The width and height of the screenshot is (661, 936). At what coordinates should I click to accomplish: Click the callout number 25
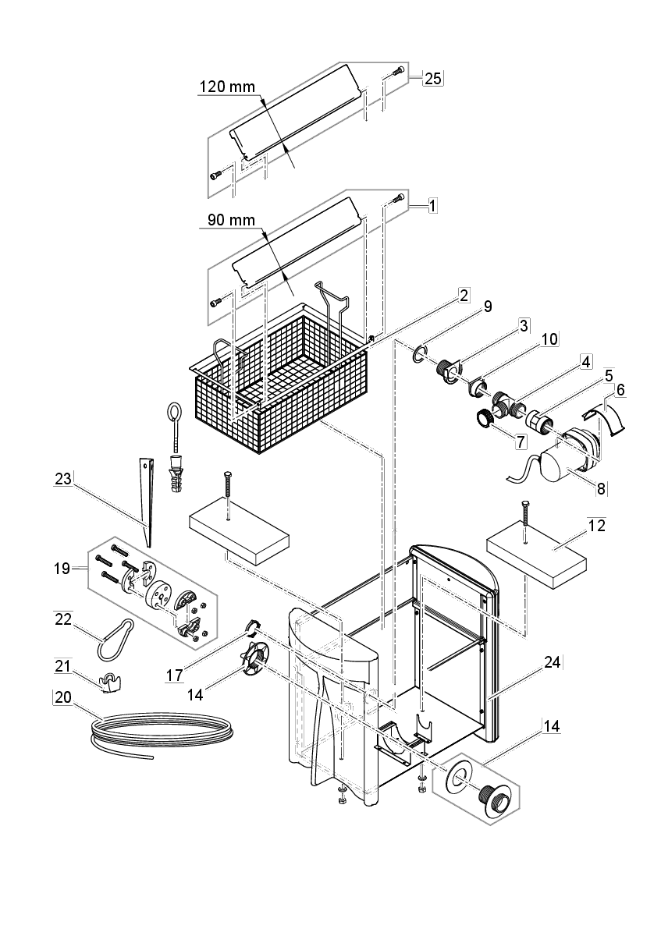click(x=432, y=78)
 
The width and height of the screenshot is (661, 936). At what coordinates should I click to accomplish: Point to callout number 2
click(x=464, y=295)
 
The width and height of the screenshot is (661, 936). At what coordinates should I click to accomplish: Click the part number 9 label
click(x=487, y=307)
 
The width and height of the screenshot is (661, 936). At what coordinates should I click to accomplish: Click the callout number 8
click(x=600, y=488)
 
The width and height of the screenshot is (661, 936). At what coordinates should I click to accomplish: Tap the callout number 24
click(x=551, y=663)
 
